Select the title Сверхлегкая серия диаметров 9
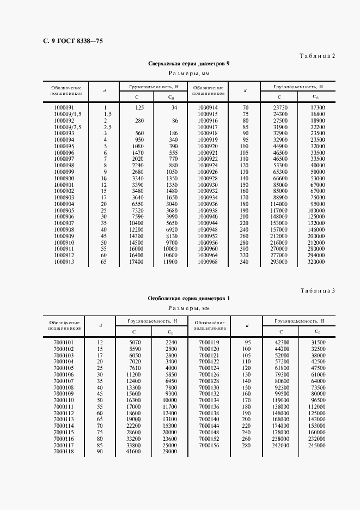click(189, 64)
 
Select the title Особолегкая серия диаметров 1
click(189, 299)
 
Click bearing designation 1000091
click(64, 108)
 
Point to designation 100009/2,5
click(68, 127)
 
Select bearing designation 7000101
click(64, 342)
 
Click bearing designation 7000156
click(209, 445)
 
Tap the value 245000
click(316, 445)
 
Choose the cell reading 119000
click(281, 400)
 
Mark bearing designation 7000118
click(64, 452)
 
